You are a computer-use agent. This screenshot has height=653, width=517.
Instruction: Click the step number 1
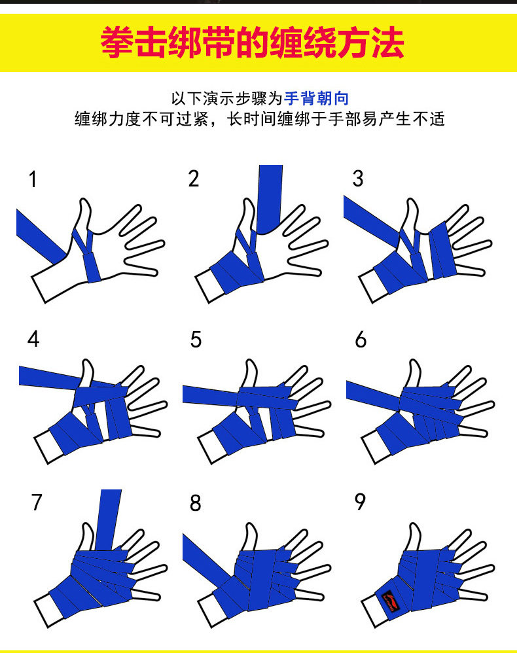(33, 179)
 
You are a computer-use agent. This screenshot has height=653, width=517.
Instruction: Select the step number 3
(358, 178)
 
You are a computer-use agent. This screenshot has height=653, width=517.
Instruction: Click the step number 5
(196, 339)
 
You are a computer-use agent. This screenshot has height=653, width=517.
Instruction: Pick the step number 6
(361, 339)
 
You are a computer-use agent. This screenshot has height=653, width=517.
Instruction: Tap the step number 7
(37, 502)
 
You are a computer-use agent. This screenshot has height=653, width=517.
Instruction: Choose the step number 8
(196, 503)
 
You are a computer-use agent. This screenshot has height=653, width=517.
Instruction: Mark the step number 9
(361, 501)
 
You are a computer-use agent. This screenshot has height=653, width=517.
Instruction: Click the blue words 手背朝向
(317, 98)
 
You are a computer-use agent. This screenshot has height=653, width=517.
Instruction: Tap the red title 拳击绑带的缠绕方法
(253, 43)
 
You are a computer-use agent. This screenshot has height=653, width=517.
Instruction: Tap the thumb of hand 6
(414, 374)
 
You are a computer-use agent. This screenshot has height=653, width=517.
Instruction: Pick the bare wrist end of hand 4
(46, 448)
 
